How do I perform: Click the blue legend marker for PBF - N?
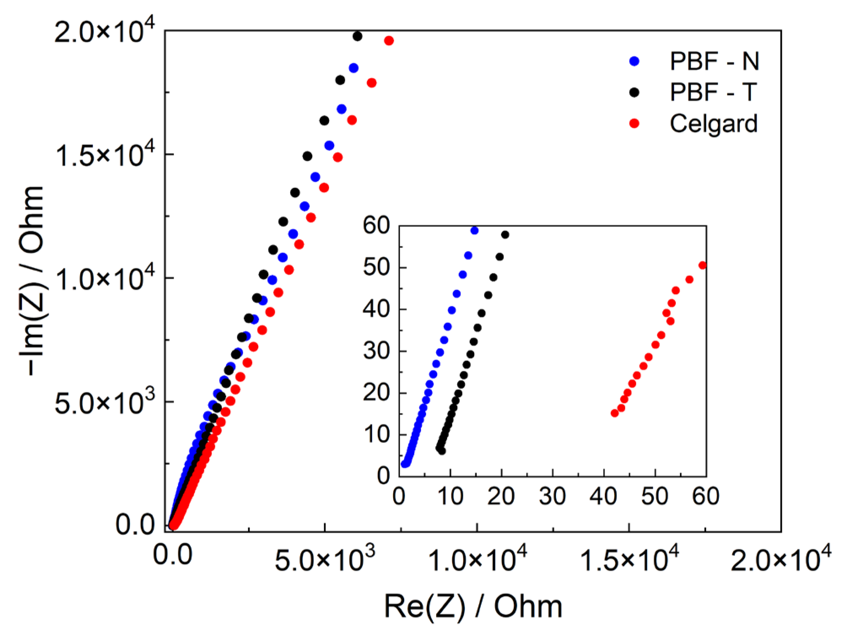[634, 61]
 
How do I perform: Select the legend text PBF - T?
[714, 92]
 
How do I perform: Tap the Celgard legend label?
[714, 124]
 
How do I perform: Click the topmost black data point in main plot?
[357, 36]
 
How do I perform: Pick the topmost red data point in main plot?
[389, 41]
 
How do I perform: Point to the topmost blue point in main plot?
[353, 68]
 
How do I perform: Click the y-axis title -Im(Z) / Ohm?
[32, 281]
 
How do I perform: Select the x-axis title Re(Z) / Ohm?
[473, 607]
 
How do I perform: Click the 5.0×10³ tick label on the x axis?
[324, 559]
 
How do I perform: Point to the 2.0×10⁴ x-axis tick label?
[781, 559]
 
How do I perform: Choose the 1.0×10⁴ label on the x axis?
[477, 559]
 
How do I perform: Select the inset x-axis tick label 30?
[553, 496]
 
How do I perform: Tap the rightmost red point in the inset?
[702, 265]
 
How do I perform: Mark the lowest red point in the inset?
[615, 413]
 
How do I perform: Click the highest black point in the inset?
[505, 235]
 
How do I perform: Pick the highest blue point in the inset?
[475, 230]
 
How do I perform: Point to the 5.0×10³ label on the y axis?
[105, 402]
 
